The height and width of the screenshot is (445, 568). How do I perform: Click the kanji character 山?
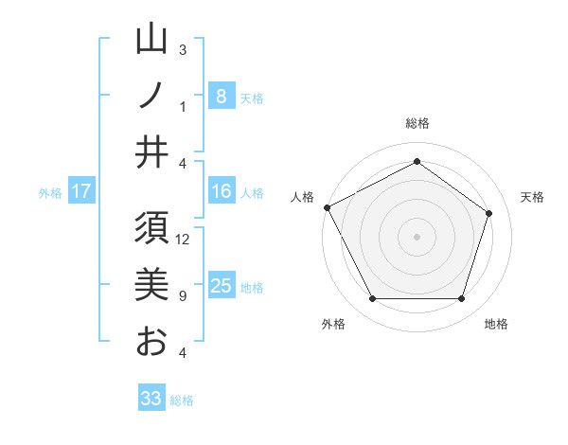(151, 40)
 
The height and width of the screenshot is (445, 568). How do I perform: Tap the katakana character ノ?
(151, 97)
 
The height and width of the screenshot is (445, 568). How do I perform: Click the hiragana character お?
(151, 341)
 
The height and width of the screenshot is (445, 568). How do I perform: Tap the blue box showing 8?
(221, 96)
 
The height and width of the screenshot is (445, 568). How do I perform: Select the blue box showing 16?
(221, 191)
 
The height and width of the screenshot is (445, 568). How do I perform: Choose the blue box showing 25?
(221, 286)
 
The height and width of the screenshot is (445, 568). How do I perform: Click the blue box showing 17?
(81, 191)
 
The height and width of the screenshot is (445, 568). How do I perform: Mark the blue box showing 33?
(151, 399)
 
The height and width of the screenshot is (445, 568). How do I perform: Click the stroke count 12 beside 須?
(184, 240)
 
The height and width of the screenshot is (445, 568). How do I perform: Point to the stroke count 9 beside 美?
(182, 296)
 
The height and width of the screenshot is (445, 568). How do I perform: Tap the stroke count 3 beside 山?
(182, 49)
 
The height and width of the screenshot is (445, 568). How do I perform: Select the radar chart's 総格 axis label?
(417, 124)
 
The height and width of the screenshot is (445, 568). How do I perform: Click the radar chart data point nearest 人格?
(327, 207)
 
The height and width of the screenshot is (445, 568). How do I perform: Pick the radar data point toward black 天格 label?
(489, 213)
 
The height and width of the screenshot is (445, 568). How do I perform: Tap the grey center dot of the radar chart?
(417, 236)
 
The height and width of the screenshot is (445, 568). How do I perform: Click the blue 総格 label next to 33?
(182, 400)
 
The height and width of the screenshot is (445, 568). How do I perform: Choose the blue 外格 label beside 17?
(50, 193)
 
